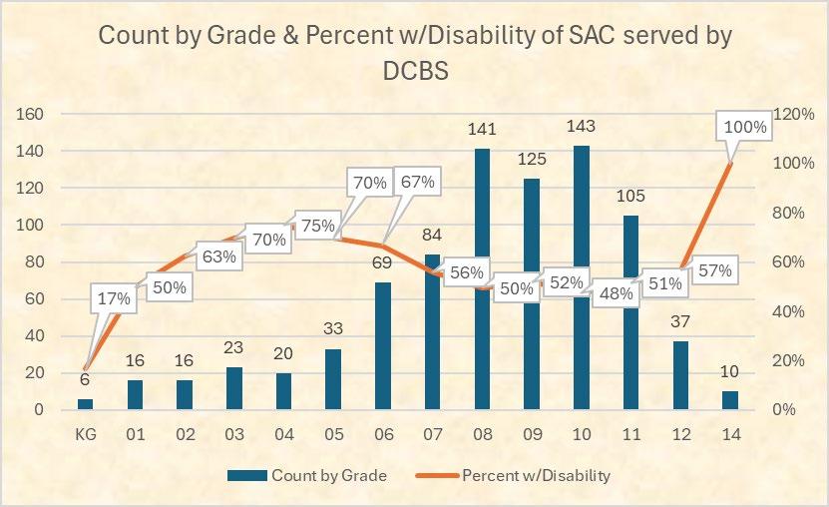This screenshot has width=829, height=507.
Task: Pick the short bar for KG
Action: pyautogui.click(x=85, y=403)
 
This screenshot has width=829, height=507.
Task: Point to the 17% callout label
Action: pyautogui.click(x=115, y=298)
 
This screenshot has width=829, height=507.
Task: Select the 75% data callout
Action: pyautogui.click(x=318, y=227)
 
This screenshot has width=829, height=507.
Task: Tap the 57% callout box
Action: pyautogui.click(x=713, y=270)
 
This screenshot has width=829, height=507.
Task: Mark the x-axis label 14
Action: pyautogui.click(x=729, y=434)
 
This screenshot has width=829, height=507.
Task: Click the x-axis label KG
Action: pyautogui.click(x=85, y=434)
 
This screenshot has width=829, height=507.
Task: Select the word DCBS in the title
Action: pyautogui.click(x=414, y=72)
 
